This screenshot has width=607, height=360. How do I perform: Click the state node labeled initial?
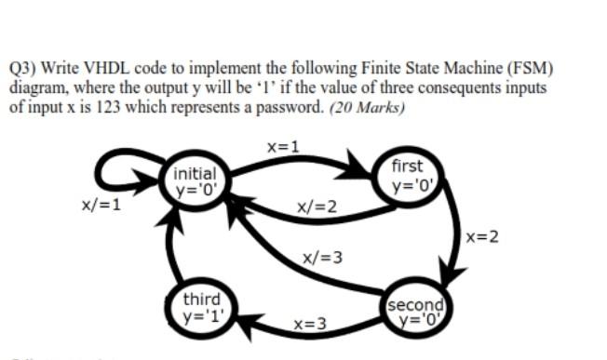(x=196, y=181)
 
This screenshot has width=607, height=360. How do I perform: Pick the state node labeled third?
(x=201, y=306)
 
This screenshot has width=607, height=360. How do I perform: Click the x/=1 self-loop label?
(x=101, y=205)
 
